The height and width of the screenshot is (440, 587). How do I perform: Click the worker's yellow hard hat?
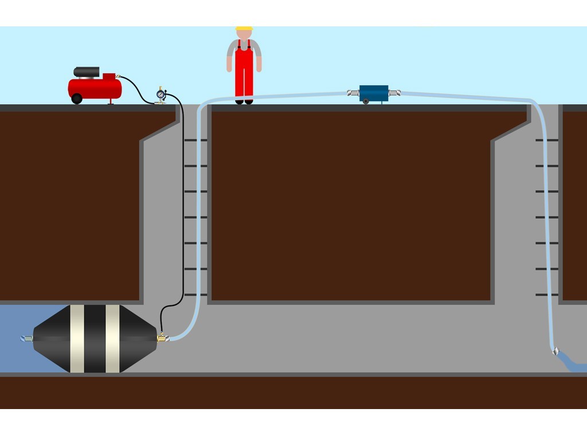[x=244, y=28]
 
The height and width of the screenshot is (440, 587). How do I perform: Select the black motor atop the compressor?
[x=87, y=72]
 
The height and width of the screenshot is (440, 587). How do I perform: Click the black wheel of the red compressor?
[x=77, y=99]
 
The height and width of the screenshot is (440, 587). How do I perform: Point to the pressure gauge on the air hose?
[x=161, y=94]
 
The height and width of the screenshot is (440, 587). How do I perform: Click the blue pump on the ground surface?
[x=374, y=93]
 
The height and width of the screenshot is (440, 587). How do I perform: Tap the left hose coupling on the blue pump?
[x=353, y=93]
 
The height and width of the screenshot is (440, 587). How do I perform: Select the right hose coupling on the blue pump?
[x=394, y=93]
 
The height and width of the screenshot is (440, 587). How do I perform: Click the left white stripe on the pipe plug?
[x=77, y=338]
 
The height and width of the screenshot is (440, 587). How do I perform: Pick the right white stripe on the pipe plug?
[x=112, y=338]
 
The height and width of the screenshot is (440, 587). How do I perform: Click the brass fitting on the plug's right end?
[x=162, y=338]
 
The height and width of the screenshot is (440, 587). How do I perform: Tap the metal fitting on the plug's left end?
[x=27, y=339]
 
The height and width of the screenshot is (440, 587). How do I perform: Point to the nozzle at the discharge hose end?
[x=555, y=351]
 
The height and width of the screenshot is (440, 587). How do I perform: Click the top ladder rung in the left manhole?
[x=195, y=140]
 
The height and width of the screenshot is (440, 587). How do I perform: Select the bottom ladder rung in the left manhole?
[x=195, y=294]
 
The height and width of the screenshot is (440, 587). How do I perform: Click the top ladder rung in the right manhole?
[x=546, y=140]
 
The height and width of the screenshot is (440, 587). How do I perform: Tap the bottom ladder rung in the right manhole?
[x=546, y=294]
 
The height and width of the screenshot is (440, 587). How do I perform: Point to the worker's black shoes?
[x=244, y=102]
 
